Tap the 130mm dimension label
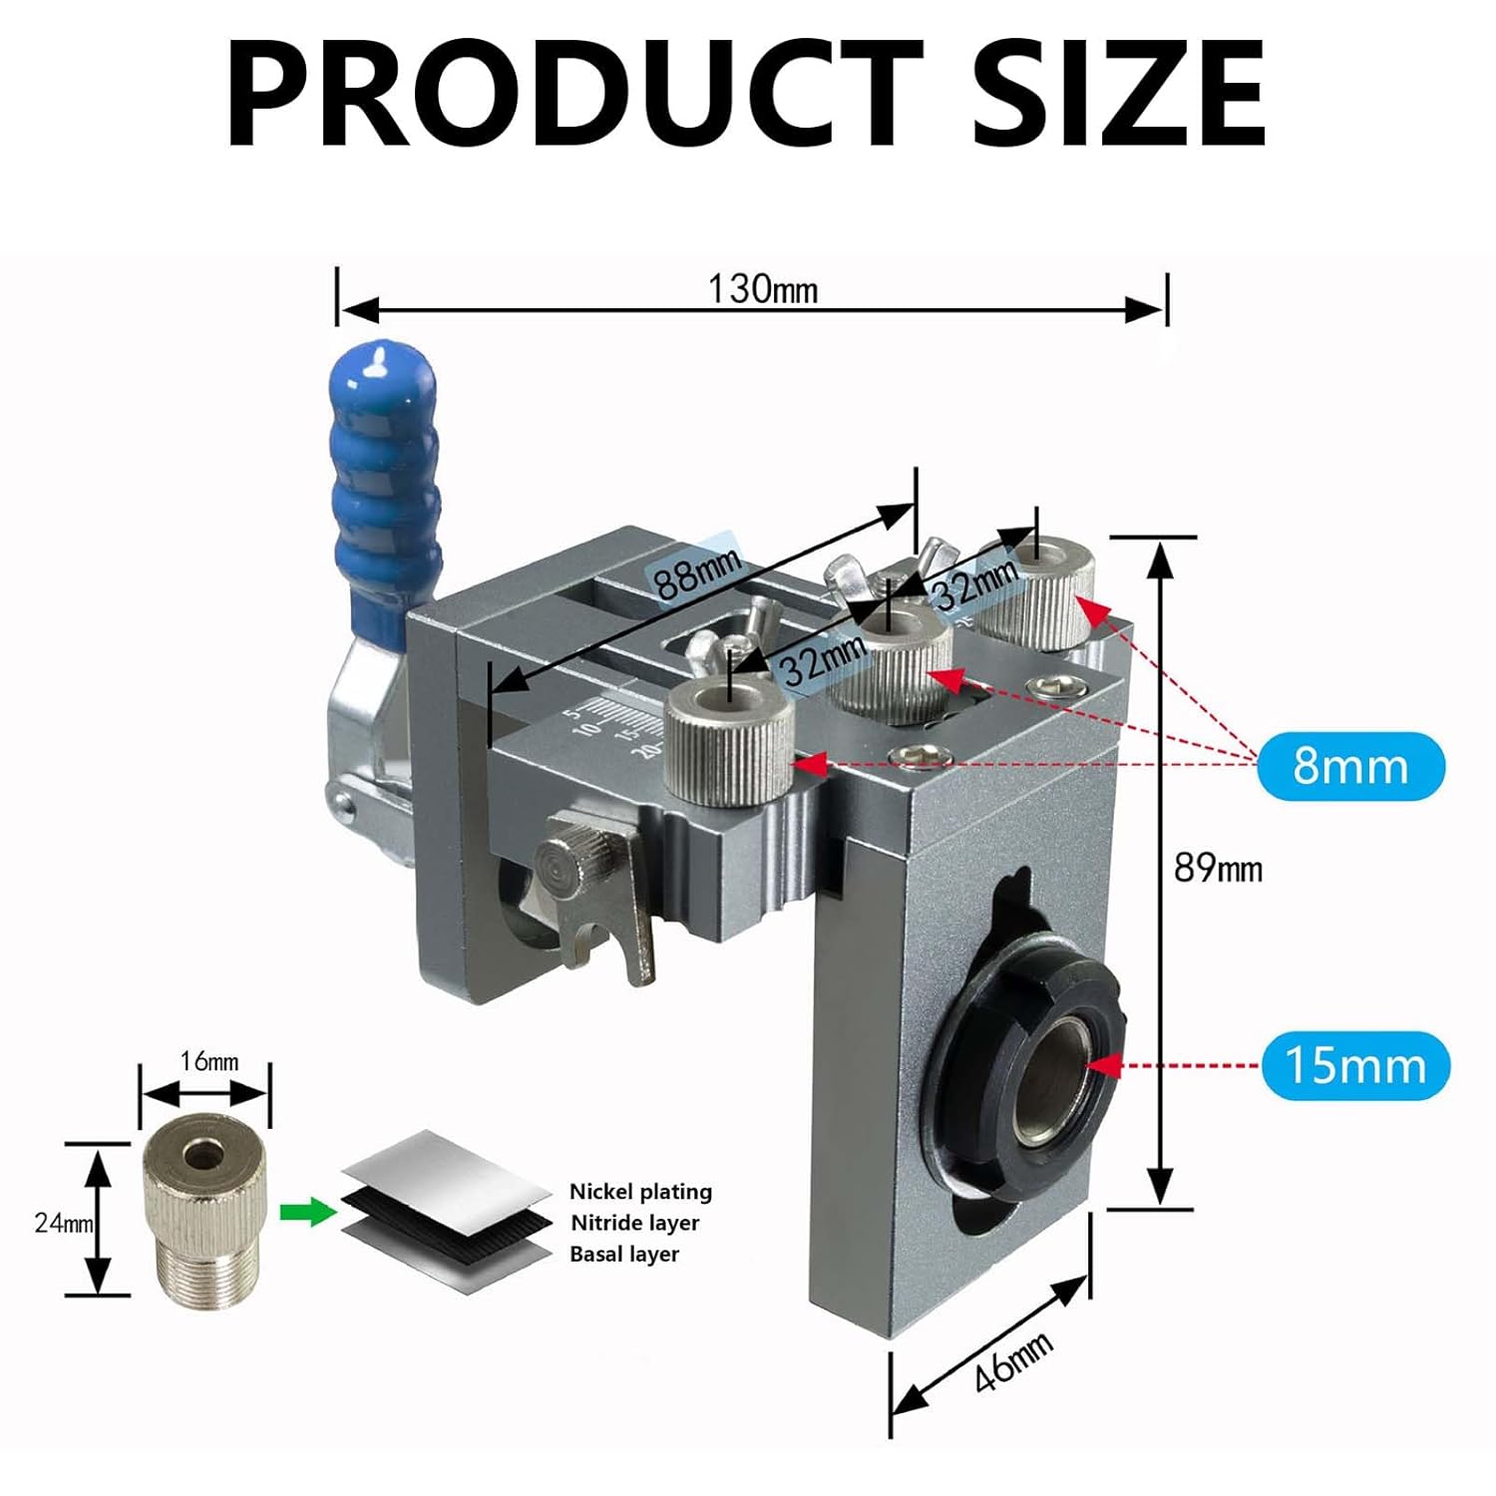[x=763, y=289]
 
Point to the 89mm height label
[x=1218, y=868]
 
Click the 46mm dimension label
[x=1013, y=1361]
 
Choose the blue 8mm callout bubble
[x=1350, y=766]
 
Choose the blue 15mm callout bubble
[x=1355, y=1065]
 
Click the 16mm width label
[x=208, y=1061]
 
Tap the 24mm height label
[x=63, y=1223]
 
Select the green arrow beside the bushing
[x=308, y=1213]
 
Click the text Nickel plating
[x=640, y=1192]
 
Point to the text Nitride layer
[x=634, y=1223]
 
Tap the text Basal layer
[x=624, y=1254]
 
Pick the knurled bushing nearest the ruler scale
[x=729, y=743]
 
